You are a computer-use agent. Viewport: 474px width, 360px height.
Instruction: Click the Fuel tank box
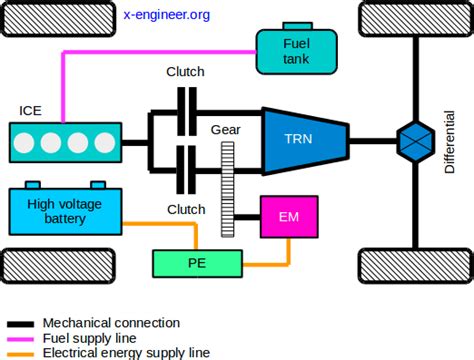point(291,51)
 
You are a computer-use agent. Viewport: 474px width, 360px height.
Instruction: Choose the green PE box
point(198,264)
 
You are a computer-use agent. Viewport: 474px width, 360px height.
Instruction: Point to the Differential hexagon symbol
point(413,137)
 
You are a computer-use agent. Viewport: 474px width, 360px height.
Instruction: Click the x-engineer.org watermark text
point(167,15)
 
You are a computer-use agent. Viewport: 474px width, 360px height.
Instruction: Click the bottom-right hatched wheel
point(413,265)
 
